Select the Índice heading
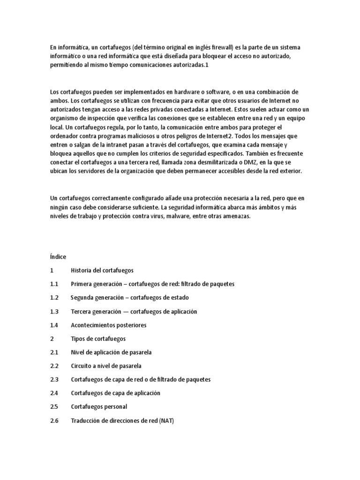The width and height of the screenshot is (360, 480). [58, 257]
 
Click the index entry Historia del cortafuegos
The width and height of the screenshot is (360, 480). [102, 270]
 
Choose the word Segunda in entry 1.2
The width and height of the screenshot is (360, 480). [82, 298]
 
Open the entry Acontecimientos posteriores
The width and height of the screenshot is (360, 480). [108, 325]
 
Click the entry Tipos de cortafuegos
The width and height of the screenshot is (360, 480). [98, 338]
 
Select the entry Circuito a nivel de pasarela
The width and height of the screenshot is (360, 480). [106, 366]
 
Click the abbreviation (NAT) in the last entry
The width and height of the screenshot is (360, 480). [166, 420]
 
